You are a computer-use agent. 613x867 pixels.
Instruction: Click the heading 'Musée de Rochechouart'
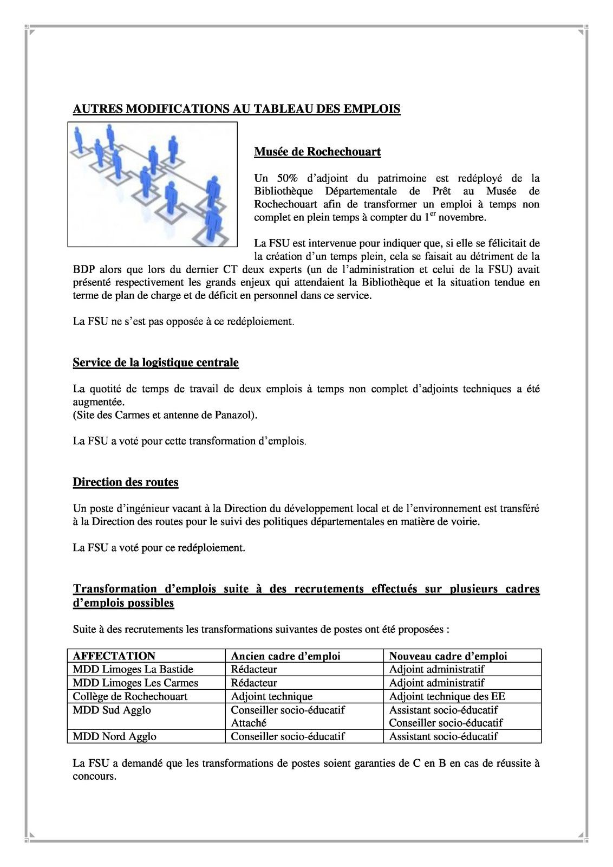click(x=317, y=152)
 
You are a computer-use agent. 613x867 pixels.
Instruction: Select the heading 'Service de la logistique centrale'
click(x=155, y=363)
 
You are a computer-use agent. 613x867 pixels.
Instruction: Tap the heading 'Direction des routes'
click(x=126, y=482)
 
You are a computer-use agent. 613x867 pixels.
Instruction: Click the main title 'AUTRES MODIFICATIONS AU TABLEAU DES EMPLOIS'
click(x=237, y=109)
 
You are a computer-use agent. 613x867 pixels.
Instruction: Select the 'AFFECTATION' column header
click(x=114, y=656)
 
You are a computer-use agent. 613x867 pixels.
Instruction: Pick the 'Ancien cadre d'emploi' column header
click(x=285, y=656)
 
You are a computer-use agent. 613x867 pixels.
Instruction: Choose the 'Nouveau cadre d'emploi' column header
click(x=448, y=656)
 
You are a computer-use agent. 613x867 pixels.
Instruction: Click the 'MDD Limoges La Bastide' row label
click(x=133, y=669)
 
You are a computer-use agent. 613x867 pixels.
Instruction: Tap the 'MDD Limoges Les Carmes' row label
click(x=135, y=683)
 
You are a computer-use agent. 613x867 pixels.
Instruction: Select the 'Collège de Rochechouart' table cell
click(x=130, y=696)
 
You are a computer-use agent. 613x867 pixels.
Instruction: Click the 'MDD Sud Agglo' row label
click(x=112, y=710)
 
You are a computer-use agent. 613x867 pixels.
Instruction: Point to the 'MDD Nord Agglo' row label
click(x=114, y=736)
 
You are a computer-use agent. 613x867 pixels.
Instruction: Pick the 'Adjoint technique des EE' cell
click(x=447, y=696)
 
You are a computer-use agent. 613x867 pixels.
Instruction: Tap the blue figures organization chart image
click(x=152, y=184)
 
